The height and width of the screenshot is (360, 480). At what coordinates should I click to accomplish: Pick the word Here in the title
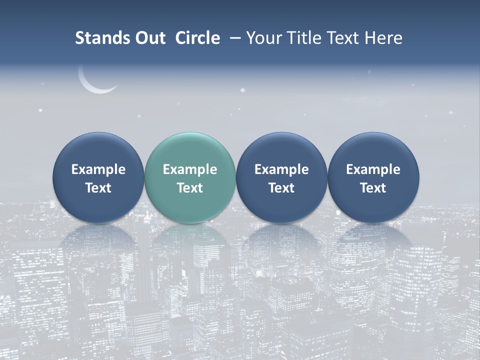pyautogui.click(x=383, y=38)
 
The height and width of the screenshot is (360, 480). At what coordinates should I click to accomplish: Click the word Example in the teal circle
pyautogui.click(x=190, y=169)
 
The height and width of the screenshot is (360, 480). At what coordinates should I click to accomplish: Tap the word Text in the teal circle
pyautogui.click(x=190, y=188)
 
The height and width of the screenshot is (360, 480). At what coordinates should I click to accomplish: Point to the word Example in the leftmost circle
pyautogui.click(x=98, y=169)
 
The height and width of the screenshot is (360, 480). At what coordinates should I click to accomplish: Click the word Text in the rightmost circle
pyautogui.click(x=373, y=188)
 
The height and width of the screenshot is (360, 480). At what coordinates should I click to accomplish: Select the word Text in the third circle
pyautogui.click(x=281, y=188)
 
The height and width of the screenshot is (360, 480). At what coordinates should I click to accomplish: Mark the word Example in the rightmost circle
pyautogui.click(x=373, y=169)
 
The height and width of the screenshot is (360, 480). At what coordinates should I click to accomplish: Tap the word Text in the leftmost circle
pyautogui.click(x=98, y=188)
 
